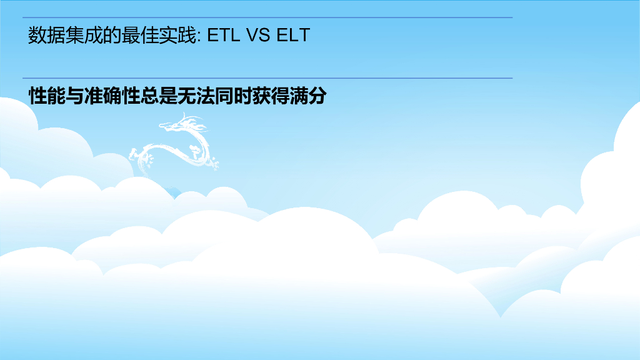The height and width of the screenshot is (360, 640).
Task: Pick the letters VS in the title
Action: [x=258, y=36]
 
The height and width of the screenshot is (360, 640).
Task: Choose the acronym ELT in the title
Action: [x=293, y=36]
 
